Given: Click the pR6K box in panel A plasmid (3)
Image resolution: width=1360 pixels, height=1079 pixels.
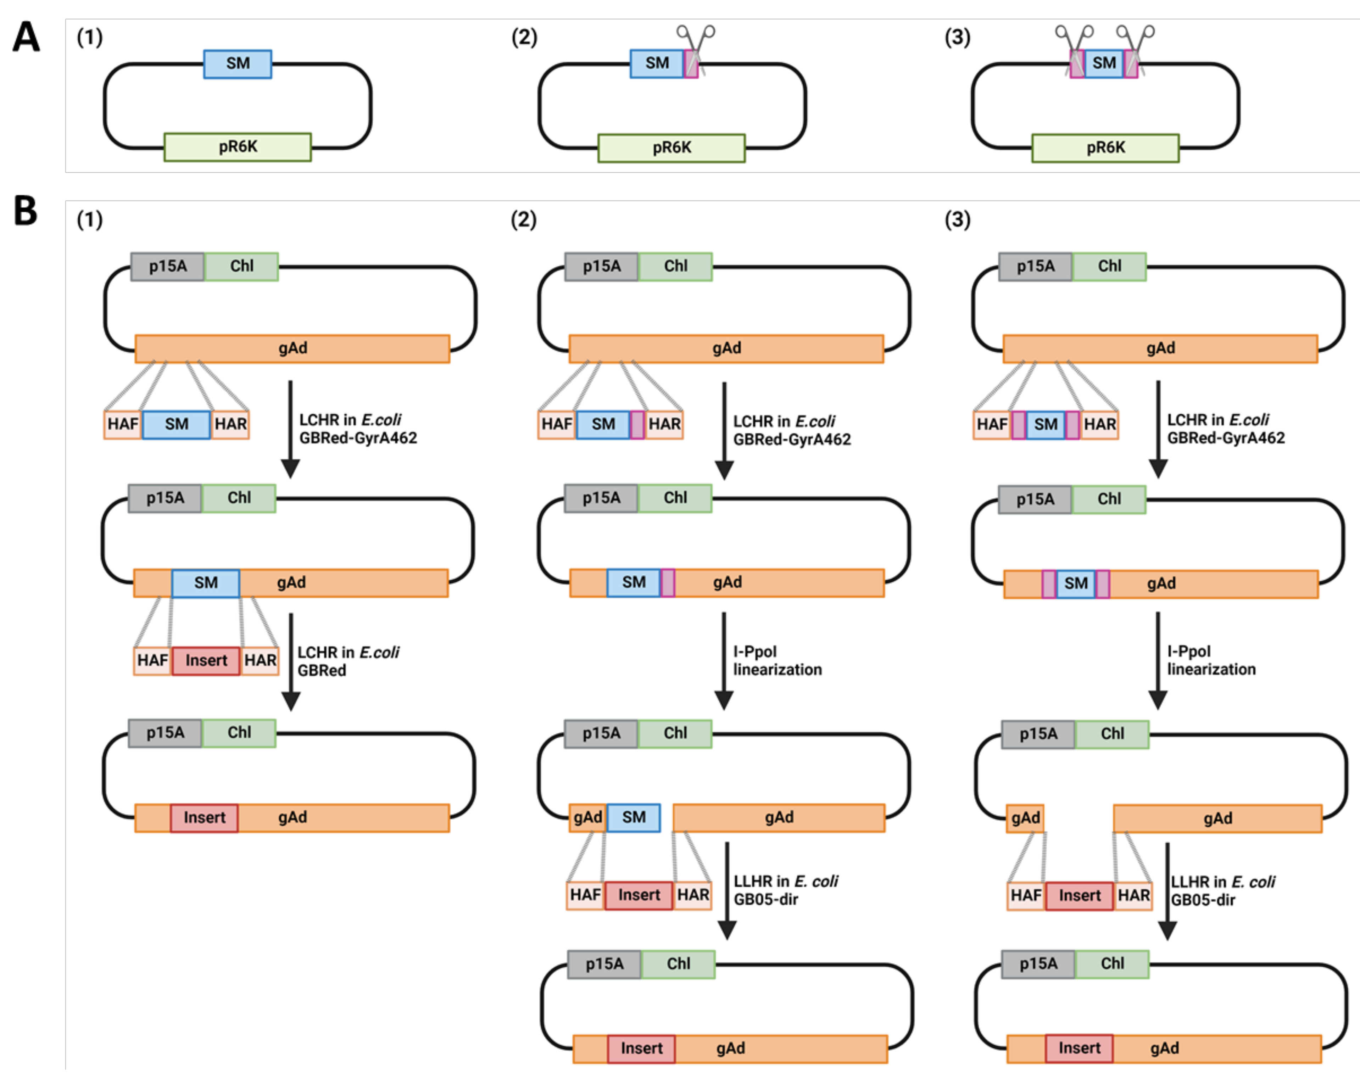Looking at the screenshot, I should coord(1105,147).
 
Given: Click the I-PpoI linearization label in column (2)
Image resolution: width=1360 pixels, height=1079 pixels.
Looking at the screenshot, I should coord(777,660).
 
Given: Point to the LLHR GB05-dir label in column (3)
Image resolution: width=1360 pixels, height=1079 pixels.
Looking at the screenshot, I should coord(1222,890).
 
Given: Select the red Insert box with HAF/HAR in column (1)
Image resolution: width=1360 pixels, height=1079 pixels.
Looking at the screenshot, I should coord(206,660).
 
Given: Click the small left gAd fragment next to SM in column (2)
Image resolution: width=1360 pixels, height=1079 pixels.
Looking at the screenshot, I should coord(587,817).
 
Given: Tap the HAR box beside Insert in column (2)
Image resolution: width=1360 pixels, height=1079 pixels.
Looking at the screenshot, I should coord(693,895).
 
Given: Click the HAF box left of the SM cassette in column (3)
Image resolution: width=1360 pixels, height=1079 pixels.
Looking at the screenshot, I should coord(992,424).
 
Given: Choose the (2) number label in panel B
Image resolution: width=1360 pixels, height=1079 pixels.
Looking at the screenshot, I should coord(524,219).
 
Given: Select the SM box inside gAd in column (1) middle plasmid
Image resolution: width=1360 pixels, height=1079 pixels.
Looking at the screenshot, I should coord(206,583).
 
